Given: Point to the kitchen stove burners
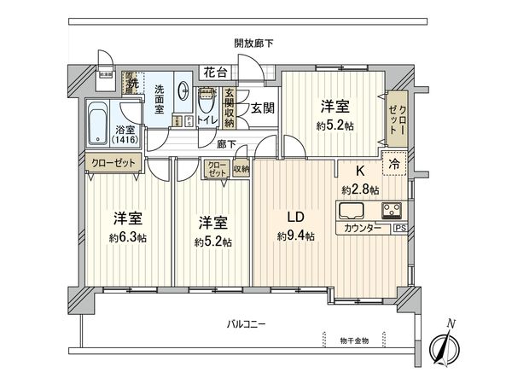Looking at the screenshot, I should (394, 210).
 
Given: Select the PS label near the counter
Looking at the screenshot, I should (399, 229).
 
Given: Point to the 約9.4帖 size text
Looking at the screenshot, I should (292, 236).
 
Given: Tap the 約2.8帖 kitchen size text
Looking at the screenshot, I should (360, 189).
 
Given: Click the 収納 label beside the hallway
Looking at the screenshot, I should (241, 169).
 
